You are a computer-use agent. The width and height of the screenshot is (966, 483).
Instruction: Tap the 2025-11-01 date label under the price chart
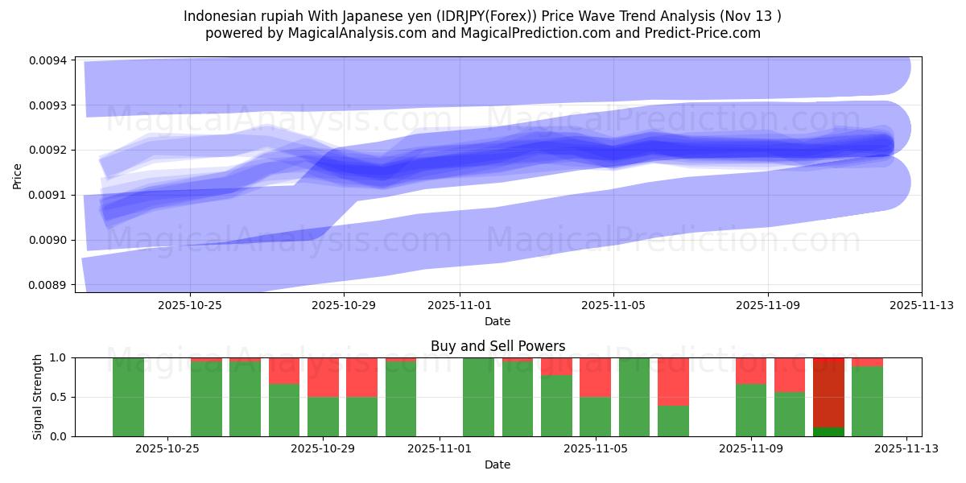460,306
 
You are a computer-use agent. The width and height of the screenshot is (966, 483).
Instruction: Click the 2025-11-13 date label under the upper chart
921,306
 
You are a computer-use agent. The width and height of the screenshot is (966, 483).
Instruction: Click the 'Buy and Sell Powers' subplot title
497,346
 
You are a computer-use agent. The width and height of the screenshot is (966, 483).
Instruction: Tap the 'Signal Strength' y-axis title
38,396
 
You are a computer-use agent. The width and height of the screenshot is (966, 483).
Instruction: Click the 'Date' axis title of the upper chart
497,321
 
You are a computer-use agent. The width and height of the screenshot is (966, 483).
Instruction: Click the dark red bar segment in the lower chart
828,392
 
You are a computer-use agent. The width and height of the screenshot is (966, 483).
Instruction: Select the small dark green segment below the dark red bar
828,431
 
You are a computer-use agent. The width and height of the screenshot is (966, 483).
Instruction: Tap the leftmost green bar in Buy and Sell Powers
128,397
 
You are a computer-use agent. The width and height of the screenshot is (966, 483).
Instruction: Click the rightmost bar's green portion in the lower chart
867,402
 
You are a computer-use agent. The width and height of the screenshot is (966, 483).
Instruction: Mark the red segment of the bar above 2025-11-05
595,377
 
